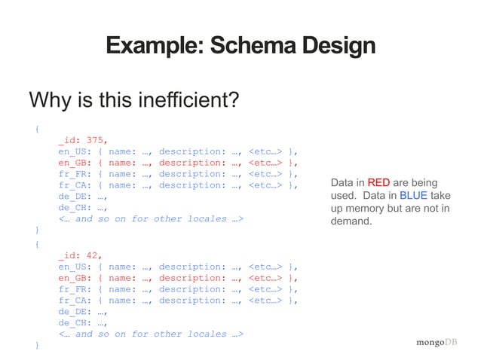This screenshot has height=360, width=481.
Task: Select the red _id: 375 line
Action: (x=83, y=139)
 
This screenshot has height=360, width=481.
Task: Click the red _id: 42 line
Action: (x=80, y=255)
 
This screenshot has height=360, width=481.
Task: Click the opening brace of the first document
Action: (x=37, y=128)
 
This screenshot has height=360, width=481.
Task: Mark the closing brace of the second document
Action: (x=37, y=345)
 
